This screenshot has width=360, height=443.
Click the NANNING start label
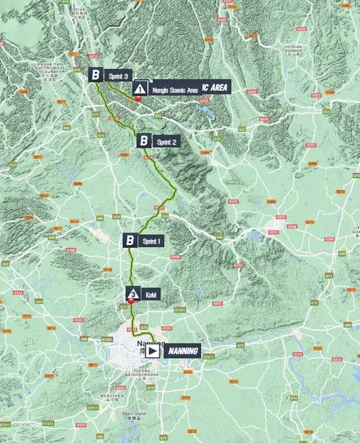tap(185, 351)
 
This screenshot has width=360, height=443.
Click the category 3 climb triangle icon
tap(132, 293)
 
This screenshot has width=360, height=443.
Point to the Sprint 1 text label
tap(152, 240)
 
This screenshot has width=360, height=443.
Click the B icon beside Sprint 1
tap(130, 240)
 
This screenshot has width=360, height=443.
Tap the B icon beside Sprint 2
tap(143, 142)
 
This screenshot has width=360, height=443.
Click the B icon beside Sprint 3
tap(95, 74)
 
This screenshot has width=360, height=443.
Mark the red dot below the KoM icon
tap(132, 303)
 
